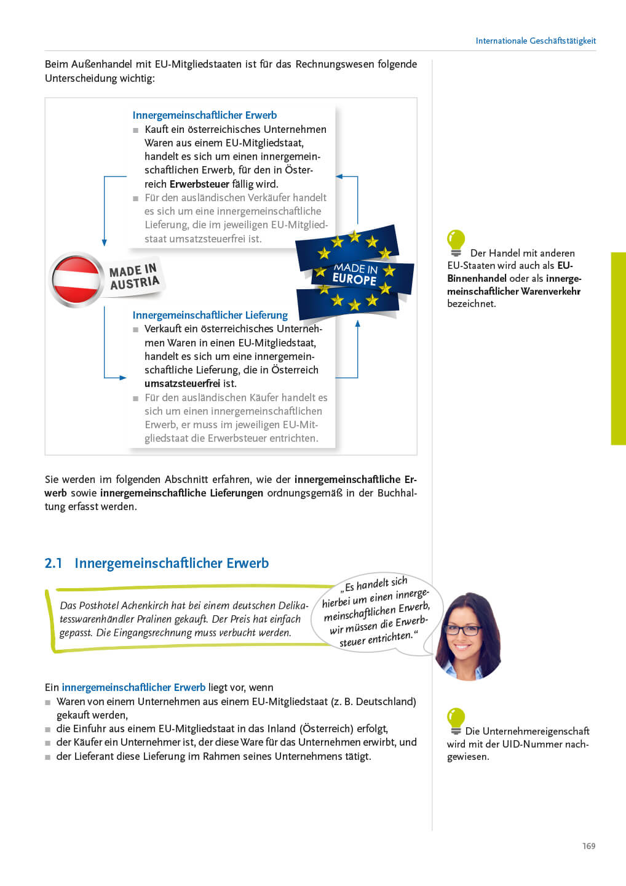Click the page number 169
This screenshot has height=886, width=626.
(588, 846)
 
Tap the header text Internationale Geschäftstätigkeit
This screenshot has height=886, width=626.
(535, 41)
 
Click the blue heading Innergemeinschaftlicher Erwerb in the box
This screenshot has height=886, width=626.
(204, 115)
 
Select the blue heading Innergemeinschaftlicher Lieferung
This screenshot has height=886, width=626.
(210, 315)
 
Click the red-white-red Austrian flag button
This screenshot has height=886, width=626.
(76, 279)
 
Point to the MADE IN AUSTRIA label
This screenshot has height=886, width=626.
(134, 277)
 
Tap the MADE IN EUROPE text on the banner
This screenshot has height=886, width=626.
(355, 274)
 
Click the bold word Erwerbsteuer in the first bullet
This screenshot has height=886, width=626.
(199, 184)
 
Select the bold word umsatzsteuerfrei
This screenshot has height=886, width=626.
(182, 383)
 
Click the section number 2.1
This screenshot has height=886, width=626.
(53, 563)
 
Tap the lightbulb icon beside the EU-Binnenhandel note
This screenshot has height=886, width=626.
(456, 242)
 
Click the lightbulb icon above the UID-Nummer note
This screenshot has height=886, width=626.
(456, 720)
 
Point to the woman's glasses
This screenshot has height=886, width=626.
(463, 629)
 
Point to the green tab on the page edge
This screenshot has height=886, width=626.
(618, 348)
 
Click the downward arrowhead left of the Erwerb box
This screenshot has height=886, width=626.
(105, 242)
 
